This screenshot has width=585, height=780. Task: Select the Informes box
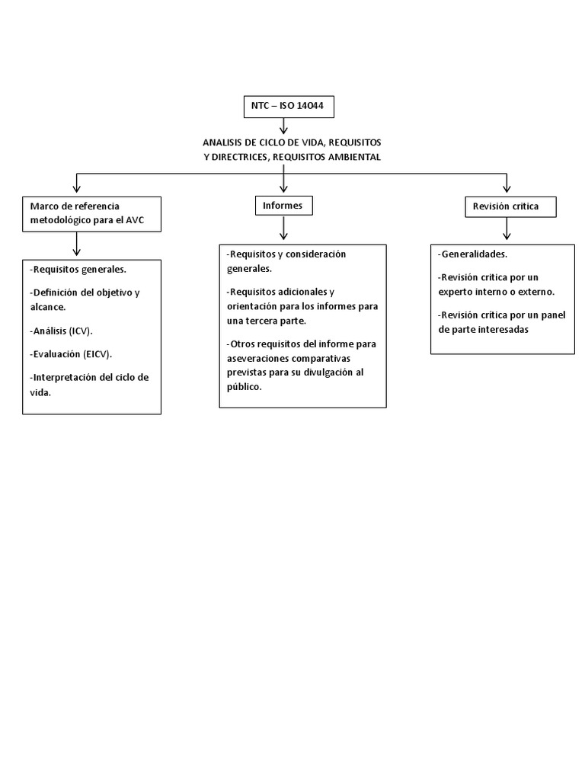pyautogui.click(x=283, y=206)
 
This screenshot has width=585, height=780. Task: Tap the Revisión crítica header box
pyautogui.click(x=510, y=206)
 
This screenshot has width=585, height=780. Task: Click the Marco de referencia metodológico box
pyautogui.click(x=92, y=213)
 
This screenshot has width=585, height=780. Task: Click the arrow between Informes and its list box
pyautogui.click(x=283, y=228)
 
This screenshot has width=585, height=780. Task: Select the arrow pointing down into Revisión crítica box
pyautogui.click(x=507, y=182)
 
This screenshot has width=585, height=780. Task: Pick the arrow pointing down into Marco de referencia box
pyautogui.click(x=76, y=182)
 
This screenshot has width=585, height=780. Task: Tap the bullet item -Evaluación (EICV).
pyautogui.click(x=72, y=354)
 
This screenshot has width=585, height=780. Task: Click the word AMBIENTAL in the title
pyautogui.click(x=353, y=157)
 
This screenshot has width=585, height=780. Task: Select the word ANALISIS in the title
pyautogui.click(x=223, y=143)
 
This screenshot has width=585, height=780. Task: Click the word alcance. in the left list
pyautogui.click(x=48, y=307)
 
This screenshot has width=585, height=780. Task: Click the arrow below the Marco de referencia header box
pyautogui.click(x=76, y=243)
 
